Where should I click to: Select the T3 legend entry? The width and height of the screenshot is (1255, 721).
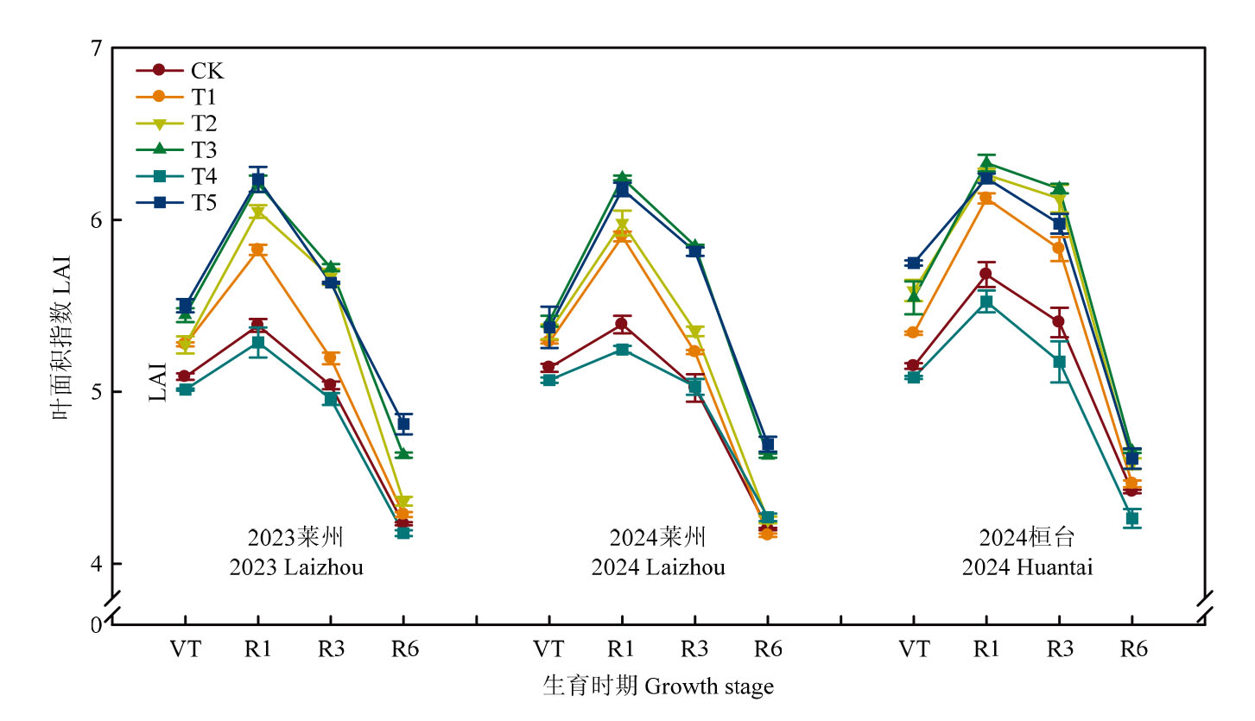click(x=204, y=149)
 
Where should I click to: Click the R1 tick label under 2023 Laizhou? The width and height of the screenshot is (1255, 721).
click(x=257, y=649)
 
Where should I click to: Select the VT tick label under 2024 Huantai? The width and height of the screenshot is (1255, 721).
click(x=914, y=649)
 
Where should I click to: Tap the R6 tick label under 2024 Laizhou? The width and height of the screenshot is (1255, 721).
click(x=768, y=649)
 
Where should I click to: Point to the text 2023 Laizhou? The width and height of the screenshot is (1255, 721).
click(x=296, y=568)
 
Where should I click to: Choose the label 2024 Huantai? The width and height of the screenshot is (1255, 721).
click(x=1026, y=568)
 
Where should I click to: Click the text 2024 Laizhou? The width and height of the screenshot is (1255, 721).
click(x=658, y=568)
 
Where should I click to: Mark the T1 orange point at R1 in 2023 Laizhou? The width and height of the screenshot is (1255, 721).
click(x=257, y=250)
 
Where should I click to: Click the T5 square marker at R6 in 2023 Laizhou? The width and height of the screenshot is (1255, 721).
click(x=403, y=424)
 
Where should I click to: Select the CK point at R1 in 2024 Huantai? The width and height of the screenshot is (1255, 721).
click(x=986, y=274)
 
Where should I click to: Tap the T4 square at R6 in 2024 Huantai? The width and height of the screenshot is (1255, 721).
click(x=1131, y=518)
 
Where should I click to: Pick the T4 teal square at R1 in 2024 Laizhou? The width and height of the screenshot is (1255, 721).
click(x=622, y=350)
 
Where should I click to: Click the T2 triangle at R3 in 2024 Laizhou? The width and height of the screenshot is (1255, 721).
click(x=694, y=332)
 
